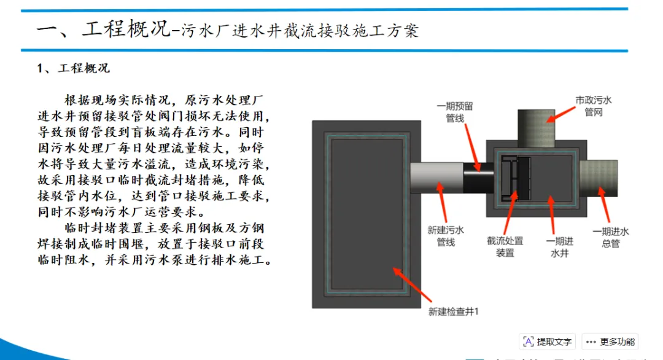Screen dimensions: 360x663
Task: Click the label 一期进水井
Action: pyautogui.click(x=560, y=246)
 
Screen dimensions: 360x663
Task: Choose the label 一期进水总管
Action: pyautogui.click(x=610, y=237)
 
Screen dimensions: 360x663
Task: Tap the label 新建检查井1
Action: pyautogui.click(x=453, y=311)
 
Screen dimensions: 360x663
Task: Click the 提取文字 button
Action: pyautogui.click(x=547, y=342)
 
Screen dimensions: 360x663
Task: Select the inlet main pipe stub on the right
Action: pyautogui.click(x=598, y=178)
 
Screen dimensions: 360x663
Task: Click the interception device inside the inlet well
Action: pyautogui.click(x=515, y=179)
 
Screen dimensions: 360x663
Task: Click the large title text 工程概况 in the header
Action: pyautogui.click(x=126, y=29)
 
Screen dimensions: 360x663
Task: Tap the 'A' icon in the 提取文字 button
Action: pyautogui.click(x=528, y=342)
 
